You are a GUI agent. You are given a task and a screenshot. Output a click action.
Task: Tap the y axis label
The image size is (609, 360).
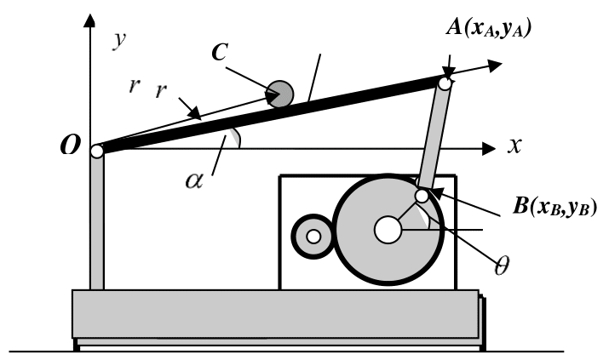pos(120,42)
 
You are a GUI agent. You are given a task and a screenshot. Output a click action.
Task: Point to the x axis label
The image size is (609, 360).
pos(514,146)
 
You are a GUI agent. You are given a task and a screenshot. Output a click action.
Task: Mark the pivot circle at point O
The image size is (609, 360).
pos(97,151)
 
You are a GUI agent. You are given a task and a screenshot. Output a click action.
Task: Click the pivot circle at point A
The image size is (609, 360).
pos(445,83)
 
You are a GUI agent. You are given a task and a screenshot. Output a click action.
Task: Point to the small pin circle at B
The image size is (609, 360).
pos(422,197)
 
